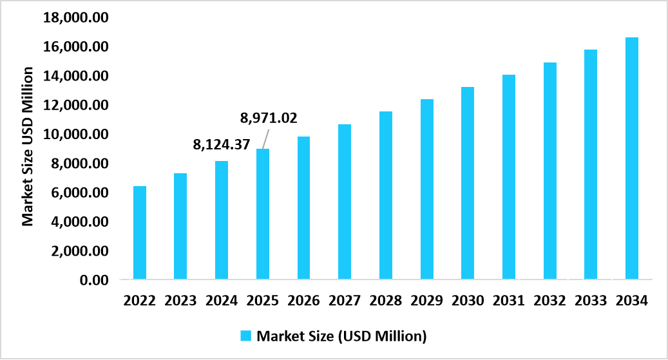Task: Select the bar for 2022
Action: (x=139, y=233)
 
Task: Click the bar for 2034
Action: (x=632, y=158)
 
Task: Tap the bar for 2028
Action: (x=385, y=196)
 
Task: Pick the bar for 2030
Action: (x=468, y=184)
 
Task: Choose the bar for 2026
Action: (x=303, y=208)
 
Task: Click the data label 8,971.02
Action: (x=269, y=118)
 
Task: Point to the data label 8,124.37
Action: (x=222, y=145)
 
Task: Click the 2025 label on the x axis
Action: (x=262, y=300)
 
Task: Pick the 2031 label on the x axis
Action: (x=509, y=300)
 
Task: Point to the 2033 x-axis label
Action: (x=591, y=300)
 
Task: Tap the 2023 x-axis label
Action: (x=180, y=300)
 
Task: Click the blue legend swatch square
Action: (x=246, y=336)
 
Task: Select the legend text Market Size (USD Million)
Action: (x=341, y=336)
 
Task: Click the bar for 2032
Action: (x=549, y=171)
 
